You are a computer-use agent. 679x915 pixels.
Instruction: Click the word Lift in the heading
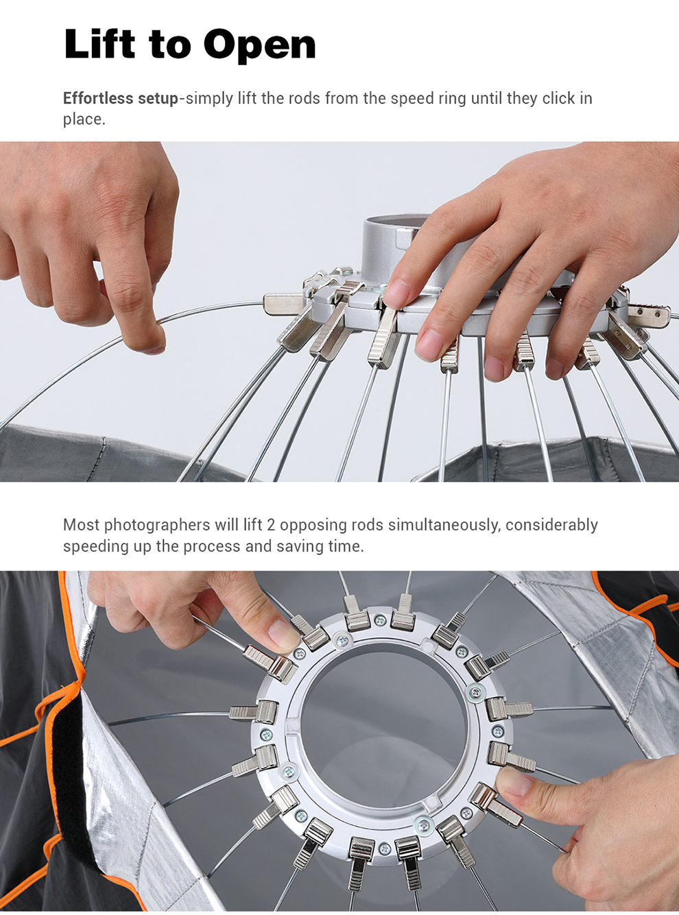tap(99, 43)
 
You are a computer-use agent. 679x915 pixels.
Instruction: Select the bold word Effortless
tap(98, 98)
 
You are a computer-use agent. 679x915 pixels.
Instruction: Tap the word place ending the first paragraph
tap(84, 120)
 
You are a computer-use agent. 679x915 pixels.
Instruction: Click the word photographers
tap(157, 526)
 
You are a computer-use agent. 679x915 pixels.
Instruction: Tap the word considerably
tap(551, 526)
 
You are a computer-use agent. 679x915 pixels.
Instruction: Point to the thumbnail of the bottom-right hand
tap(513, 782)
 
